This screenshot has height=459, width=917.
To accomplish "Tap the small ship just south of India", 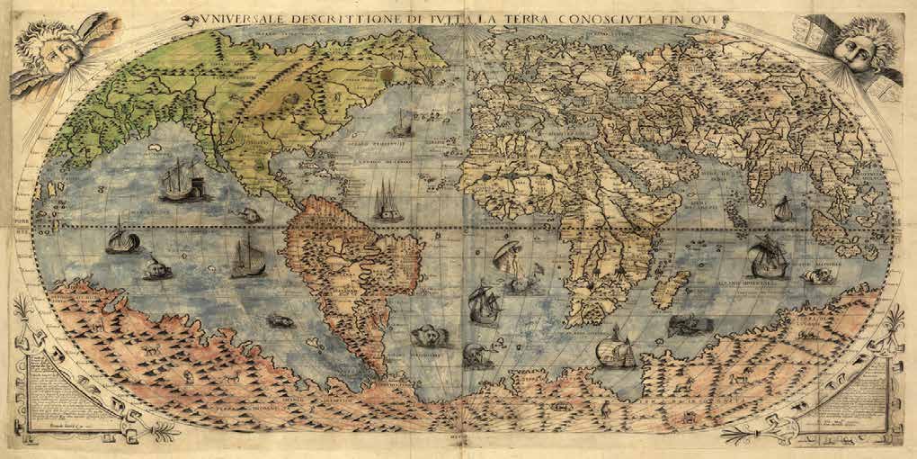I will pyautogui.click(x=781, y=209).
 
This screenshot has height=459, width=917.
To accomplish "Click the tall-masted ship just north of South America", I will pyautogui.click(x=387, y=202).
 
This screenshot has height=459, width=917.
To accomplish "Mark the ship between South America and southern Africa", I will pyautogui.click(x=484, y=303).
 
